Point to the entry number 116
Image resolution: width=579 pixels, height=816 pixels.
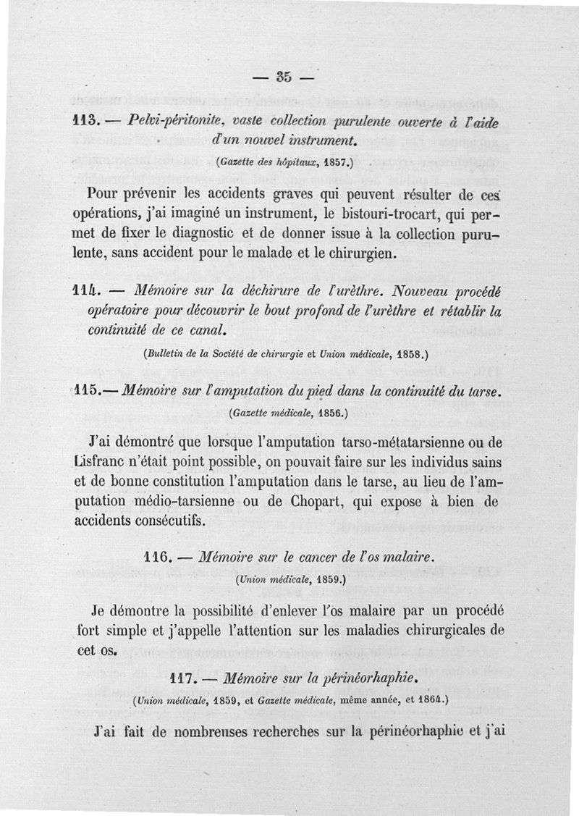[x=156, y=558]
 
